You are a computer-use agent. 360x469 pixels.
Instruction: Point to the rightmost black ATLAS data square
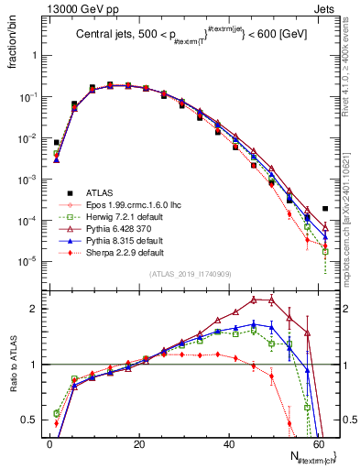(325, 209)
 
